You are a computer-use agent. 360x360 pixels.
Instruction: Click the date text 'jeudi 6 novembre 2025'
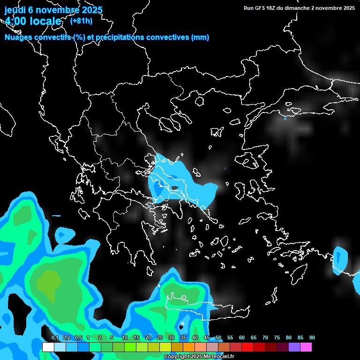pos(53,10)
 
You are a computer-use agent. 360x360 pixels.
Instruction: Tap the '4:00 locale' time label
pos(33,21)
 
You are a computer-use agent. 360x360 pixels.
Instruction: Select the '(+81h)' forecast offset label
pos(81,21)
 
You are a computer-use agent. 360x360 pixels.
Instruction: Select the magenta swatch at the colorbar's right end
pos(306,347)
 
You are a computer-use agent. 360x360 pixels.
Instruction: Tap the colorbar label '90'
pos(312,338)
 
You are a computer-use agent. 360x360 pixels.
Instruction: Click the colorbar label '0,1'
pos(55,338)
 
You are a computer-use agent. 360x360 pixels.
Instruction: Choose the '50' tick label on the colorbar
pos(218,338)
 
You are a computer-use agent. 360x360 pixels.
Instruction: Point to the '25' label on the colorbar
pos(160,338)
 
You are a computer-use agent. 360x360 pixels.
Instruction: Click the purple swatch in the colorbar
pos(294,347)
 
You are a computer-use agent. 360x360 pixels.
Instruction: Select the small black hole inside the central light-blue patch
pos(176,188)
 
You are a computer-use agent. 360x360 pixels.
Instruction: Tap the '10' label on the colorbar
pos(125,338)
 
